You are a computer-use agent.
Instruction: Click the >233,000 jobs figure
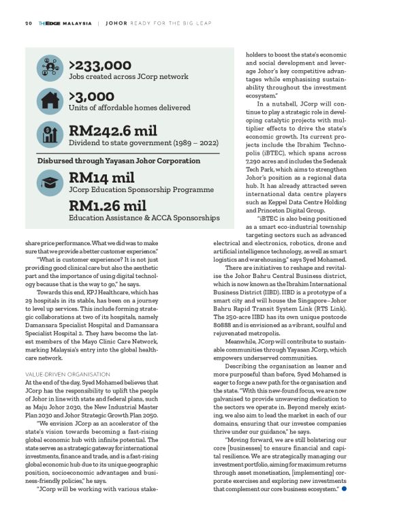coord(99,65)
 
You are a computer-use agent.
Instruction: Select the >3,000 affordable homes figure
coord(92,98)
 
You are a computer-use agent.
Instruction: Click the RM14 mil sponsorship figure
coord(101,178)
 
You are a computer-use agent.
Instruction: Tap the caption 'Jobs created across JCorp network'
coord(129,77)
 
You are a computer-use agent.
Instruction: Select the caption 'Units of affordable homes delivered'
coord(129,110)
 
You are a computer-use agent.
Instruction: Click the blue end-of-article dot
coord(345,489)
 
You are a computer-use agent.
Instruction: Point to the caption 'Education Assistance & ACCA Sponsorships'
coord(144,218)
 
